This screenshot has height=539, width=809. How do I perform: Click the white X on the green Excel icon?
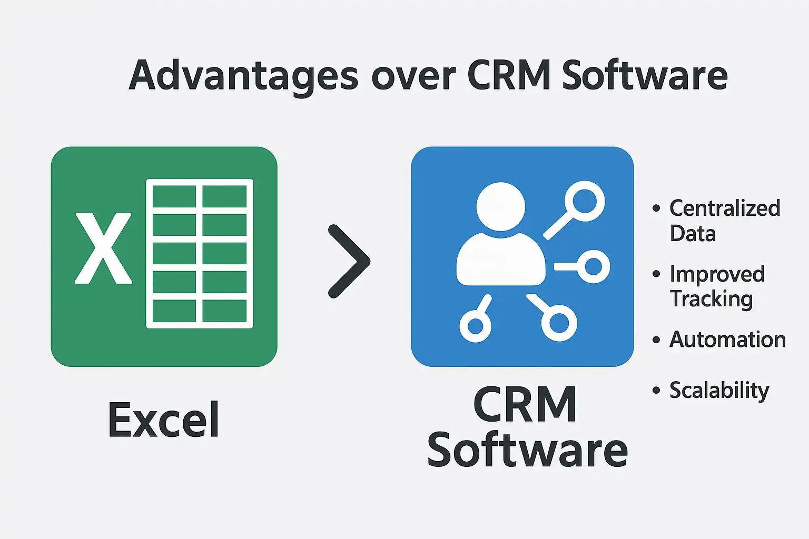pyautogui.click(x=103, y=248)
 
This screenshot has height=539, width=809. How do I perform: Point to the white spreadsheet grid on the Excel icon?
pyautogui.click(x=200, y=254)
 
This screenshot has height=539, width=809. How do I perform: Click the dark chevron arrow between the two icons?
pyautogui.click(x=349, y=261)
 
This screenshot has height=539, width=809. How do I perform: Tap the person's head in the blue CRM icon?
pyautogui.click(x=500, y=206)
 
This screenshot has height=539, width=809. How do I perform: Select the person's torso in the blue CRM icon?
pyautogui.click(x=500, y=259)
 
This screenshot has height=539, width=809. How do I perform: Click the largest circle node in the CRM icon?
pyautogui.click(x=585, y=201)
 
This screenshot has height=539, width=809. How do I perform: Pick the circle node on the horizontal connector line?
pyautogui.click(x=593, y=266)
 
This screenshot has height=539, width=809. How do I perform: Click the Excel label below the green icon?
pyautogui.click(x=164, y=420)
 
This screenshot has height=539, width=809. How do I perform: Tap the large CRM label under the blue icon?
pyautogui.click(x=525, y=405)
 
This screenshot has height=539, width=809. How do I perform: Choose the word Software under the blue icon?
pyautogui.click(x=527, y=451)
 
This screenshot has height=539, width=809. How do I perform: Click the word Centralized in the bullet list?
pyautogui.click(x=725, y=208)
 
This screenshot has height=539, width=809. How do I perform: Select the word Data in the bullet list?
pyautogui.click(x=693, y=233)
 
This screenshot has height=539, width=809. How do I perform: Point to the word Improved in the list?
pyautogui.click(x=717, y=274)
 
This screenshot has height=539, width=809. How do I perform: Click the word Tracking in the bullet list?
pyautogui.click(x=711, y=299)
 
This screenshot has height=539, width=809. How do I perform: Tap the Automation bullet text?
pyautogui.click(x=727, y=340)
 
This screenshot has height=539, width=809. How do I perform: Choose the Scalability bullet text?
pyautogui.click(x=719, y=391)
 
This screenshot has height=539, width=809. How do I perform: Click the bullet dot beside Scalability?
pyautogui.click(x=656, y=391)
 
